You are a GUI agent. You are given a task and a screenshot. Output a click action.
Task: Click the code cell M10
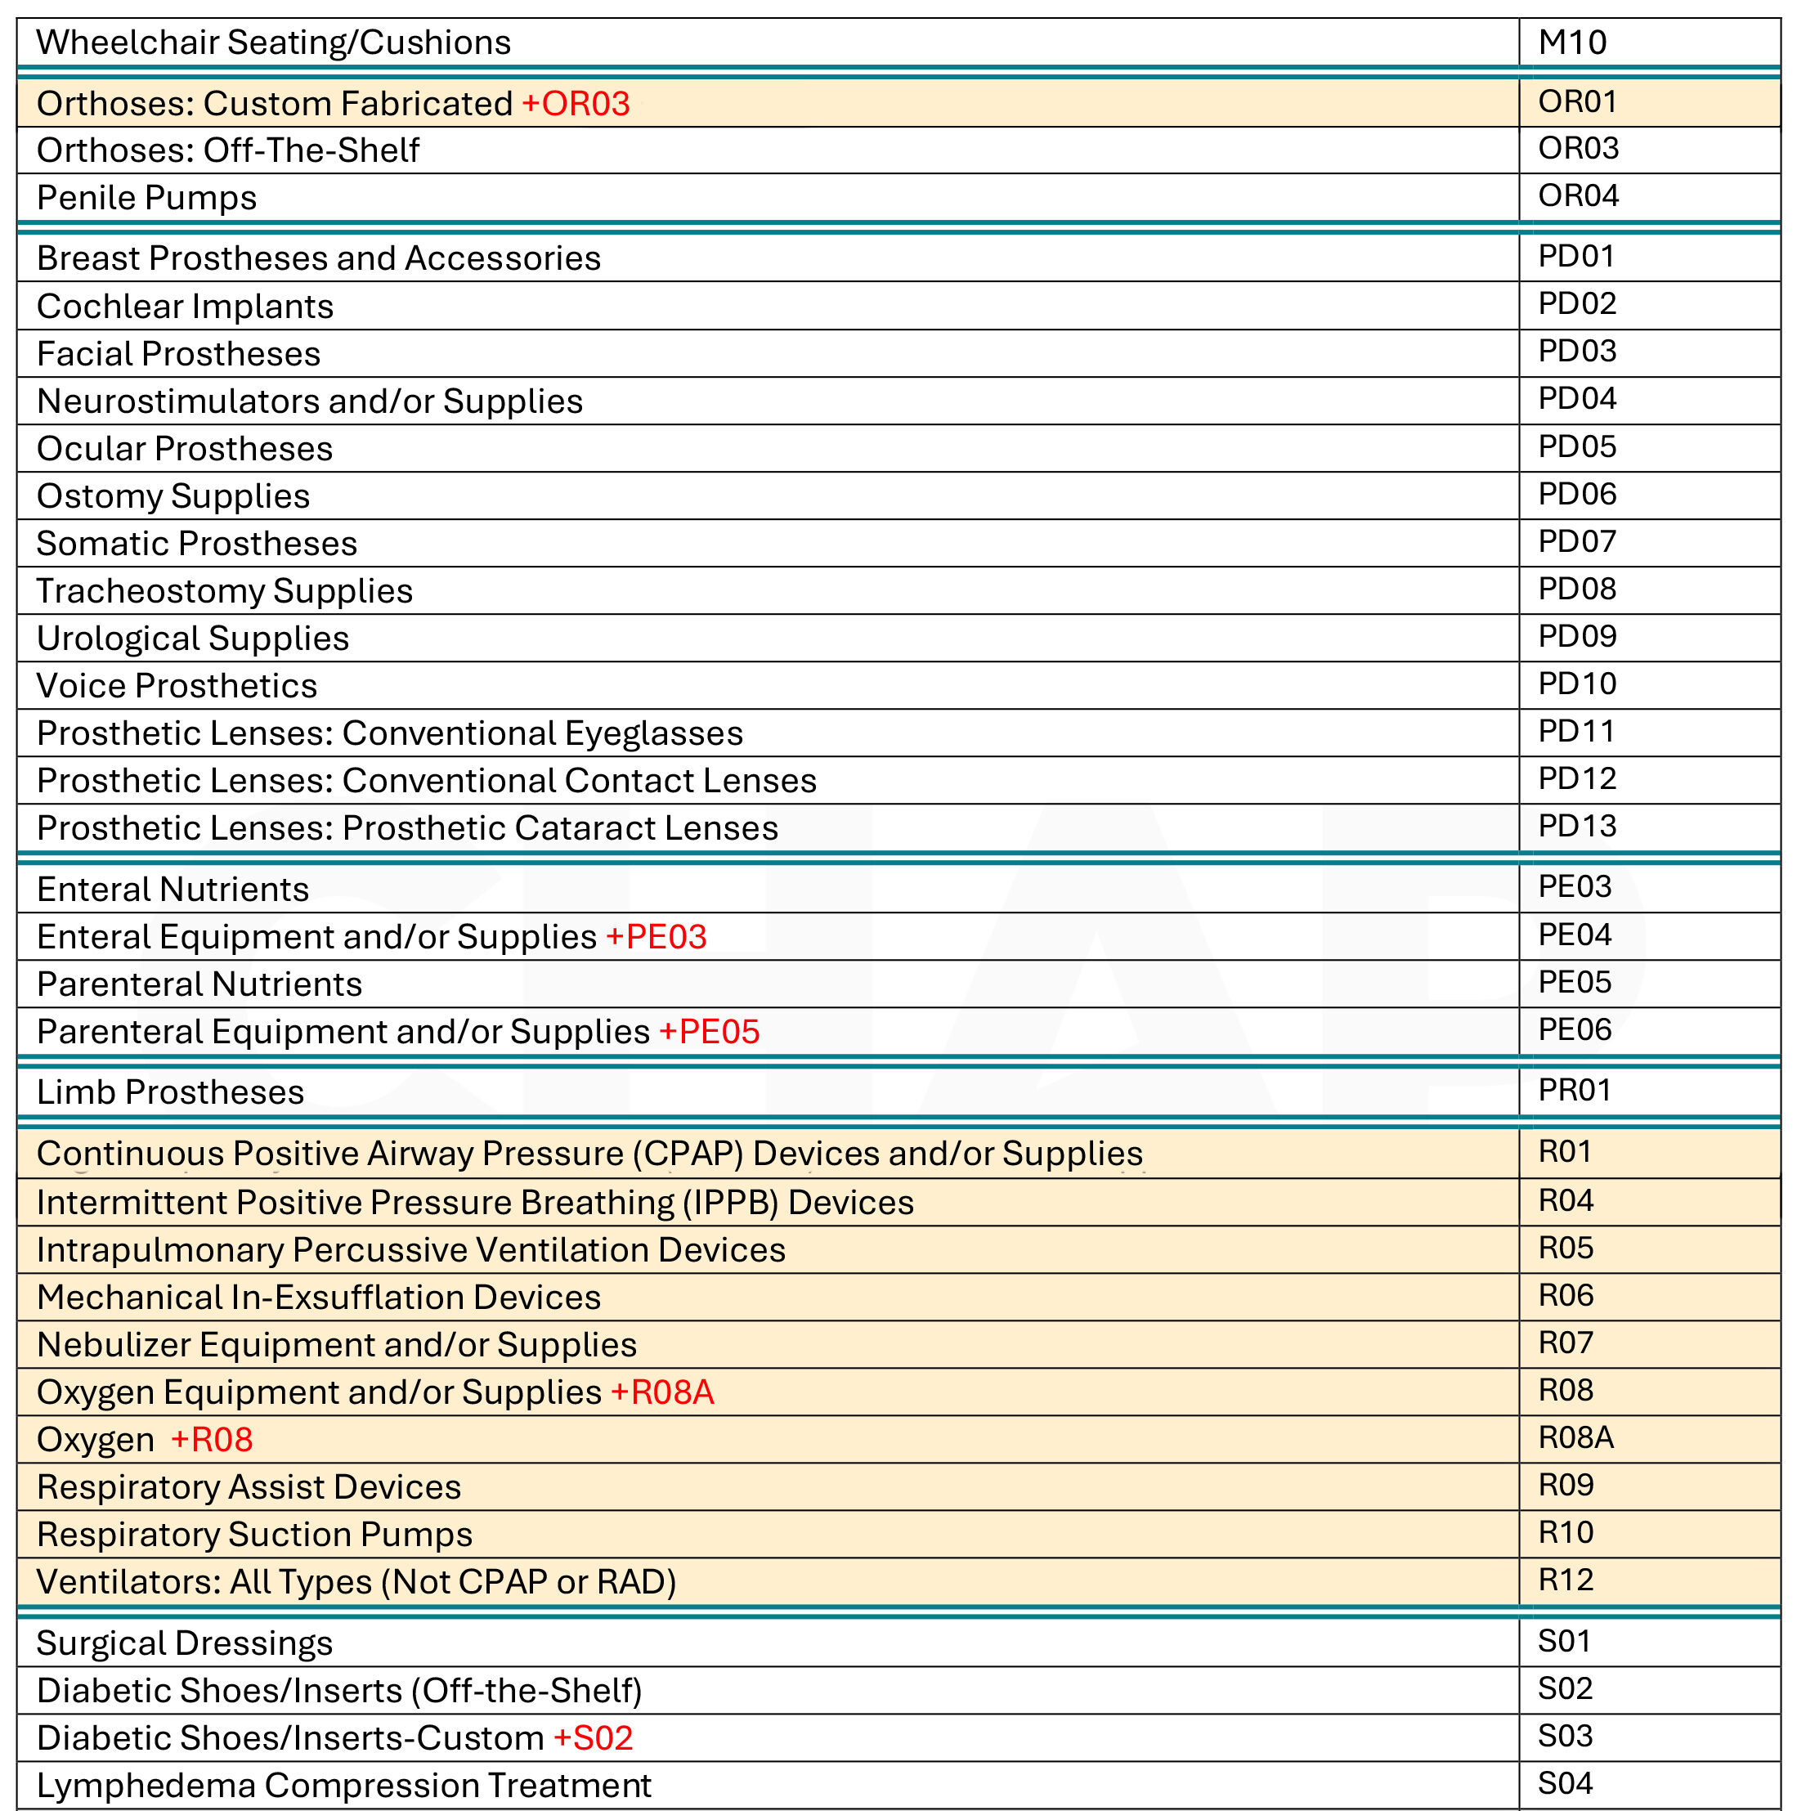(x=1572, y=43)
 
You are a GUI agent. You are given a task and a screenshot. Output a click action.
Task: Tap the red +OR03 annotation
(x=576, y=104)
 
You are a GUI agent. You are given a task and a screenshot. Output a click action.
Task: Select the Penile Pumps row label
(x=146, y=198)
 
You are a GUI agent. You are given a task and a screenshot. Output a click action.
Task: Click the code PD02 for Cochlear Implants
(x=1577, y=303)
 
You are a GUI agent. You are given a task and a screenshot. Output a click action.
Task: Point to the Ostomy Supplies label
(x=173, y=495)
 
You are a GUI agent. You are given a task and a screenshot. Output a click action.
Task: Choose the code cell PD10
(x=1577, y=684)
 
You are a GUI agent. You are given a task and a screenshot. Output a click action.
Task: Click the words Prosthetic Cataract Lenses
(x=560, y=827)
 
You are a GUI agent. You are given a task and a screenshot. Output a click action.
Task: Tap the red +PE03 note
(x=657, y=936)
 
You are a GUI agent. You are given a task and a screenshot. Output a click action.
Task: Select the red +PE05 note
(x=710, y=1031)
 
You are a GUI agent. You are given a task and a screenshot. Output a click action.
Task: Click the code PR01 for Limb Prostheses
(x=1574, y=1089)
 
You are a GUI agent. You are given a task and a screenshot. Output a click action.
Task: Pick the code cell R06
(x=1566, y=1294)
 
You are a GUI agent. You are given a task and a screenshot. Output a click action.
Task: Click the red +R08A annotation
(x=663, y=1392)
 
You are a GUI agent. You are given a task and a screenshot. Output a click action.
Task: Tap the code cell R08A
(x=1575, y=1437)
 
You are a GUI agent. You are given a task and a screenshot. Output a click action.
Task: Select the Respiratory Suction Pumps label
(x=254, y=1534)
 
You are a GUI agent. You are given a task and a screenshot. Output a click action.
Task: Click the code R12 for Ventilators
(x=1566, y=1580)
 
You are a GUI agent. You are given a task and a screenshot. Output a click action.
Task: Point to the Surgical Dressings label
(x=185, y=1643)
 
